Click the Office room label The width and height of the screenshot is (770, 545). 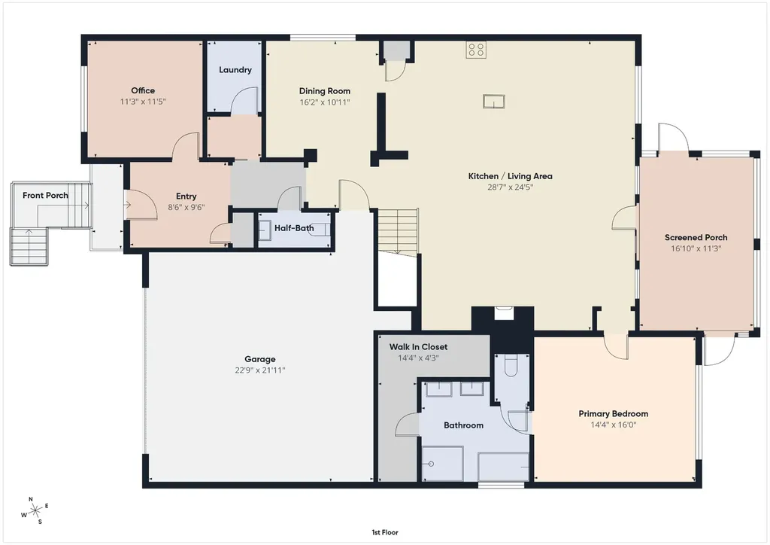point(143,90)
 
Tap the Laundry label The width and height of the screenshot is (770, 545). point(235,70)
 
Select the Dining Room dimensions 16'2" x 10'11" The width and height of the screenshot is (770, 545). point(325,102)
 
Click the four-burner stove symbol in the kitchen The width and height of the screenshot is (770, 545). point(476,50)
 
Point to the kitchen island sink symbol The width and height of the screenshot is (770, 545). point(493,101)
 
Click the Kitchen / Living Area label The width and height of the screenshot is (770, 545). point(511,176)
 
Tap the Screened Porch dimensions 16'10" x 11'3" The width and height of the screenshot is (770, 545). point(696,248)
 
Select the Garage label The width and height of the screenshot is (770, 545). point(259,359)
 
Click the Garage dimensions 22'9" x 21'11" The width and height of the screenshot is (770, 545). point(259,370)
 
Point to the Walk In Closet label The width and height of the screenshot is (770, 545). point(418,347)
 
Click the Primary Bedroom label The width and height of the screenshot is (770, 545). point(614,414)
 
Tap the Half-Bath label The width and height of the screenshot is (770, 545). point(294,228)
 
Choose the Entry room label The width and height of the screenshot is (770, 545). point(186,196)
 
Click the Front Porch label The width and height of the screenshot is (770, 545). point(45,195)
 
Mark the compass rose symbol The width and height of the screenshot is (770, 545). point(35,511)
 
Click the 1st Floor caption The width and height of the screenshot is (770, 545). point(385,532)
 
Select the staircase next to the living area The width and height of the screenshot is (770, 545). point(398,231)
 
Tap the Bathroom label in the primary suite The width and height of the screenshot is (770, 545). point(463,425)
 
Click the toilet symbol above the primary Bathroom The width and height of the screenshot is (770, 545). point(511,365)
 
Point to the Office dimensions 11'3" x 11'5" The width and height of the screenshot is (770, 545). point(143,102)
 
